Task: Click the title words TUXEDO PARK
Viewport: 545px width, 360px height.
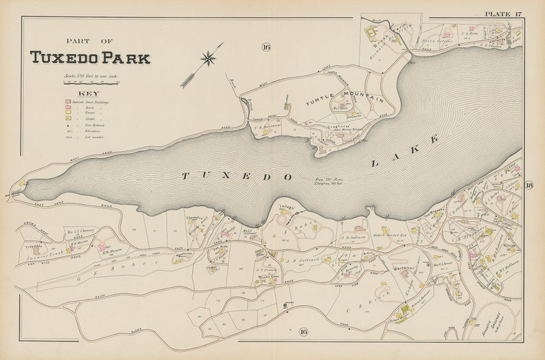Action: pyautogui.click(x=89, y=58)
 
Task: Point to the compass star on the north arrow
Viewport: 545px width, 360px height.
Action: pyautogui.click(x=208, y=59)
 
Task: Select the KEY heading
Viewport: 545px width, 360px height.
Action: pyautogui.click(x=89, y=93)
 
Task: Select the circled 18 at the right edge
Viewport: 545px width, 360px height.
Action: pyautogui.click(x=529, y=185)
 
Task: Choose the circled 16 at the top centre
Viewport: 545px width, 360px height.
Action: pyautogui.click(x=266, y=47)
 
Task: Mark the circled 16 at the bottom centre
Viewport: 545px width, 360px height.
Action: pyautogui.click(x=303, y=332)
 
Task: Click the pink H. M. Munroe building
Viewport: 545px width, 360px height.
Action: pyautogui.click(x=103, y=246)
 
